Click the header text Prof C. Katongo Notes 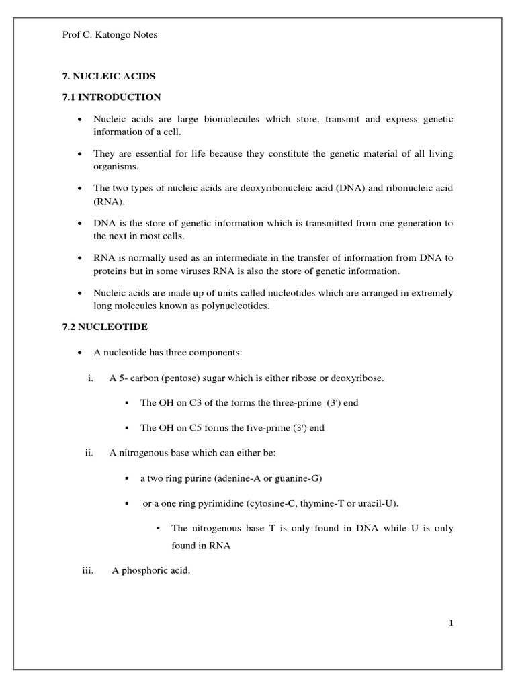[x=110, y=35]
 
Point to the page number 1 [x=451, y=623]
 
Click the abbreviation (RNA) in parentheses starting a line [x=106, y=200]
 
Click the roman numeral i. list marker [x=89, y=378]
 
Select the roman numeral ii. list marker [x=88, y=454]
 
